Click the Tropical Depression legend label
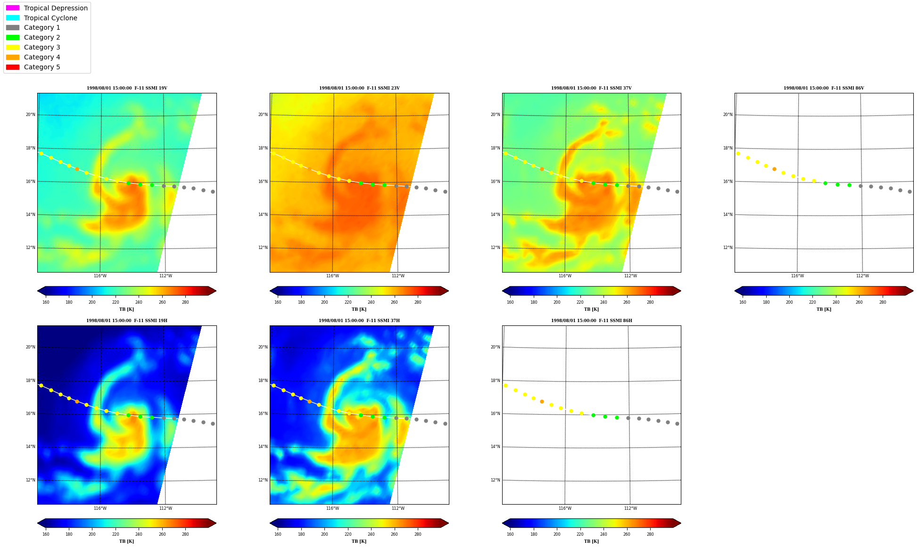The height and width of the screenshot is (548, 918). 56,8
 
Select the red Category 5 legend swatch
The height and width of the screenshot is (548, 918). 13,67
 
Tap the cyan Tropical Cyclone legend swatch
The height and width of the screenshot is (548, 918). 13,18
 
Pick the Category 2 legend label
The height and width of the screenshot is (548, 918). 42,37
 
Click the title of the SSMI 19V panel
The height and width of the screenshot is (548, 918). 127,88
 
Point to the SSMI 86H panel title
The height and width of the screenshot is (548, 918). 592,321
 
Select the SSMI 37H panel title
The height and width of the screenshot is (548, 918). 359,321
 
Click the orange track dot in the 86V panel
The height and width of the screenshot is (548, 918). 774,169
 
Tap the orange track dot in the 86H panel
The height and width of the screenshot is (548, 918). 542,401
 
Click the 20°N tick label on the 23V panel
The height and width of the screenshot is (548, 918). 263,115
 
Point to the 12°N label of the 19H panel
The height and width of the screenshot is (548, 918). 30,480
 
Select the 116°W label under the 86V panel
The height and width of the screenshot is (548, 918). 797,276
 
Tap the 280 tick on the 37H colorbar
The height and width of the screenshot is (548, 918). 418,534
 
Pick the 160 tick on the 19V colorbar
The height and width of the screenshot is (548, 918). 46,302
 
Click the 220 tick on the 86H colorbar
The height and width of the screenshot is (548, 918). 580,534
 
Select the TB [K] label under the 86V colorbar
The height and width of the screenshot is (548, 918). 824,309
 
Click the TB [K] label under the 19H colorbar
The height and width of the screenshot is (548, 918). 126,541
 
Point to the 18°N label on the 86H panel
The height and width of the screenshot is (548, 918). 495,381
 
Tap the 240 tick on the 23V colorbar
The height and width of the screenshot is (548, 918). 371,302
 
